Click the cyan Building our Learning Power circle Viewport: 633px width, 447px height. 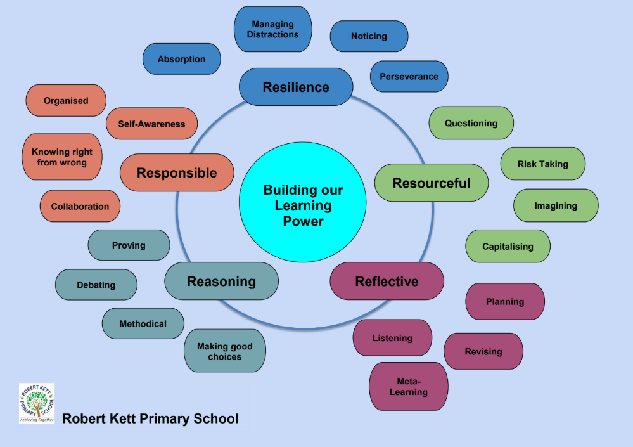pyautogui.click(x=302, y=205)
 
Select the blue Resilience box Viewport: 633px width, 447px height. pyautogui.click(x=296, y=87)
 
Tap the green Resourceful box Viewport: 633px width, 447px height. pyautogui.click(x=432, y=183)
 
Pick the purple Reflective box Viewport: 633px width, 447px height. pyautogui.click(x=387, y=281)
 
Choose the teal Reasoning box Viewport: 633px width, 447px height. pyautogui.click(x=221, y=281)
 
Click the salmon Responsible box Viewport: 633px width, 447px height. pyautogui.click(x=177, y=172)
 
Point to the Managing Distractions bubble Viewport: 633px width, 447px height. pyautogui.click(x=272, y=30)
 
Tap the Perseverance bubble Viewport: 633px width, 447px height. pyautogui.click(x=409, y=77)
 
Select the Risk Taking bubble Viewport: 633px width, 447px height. pyautogui.click(x=542, y=164)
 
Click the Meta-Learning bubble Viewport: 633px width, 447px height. pyautogui.click(x=408, y=386)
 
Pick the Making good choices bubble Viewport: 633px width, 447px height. pyautogui.click(x=224, y=351)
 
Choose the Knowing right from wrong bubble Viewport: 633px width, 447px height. pyautogui.click(x=62, y=157)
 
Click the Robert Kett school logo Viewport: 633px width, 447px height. pyautogui.click(x=37, y=403)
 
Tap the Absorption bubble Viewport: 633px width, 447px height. pyautogui.click(x=181, y=59)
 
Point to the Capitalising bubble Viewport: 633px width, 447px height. pyautogui.click(x=508, y=246)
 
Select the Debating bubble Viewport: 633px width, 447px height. pyautogui.click(x=96, y=285)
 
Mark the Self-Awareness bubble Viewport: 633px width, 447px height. pyautogui.click(x=151, y=124)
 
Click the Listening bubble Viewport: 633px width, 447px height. pyautogui.click(x=392, y=338)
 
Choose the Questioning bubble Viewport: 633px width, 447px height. pyautogui.click(x=471, y=123)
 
